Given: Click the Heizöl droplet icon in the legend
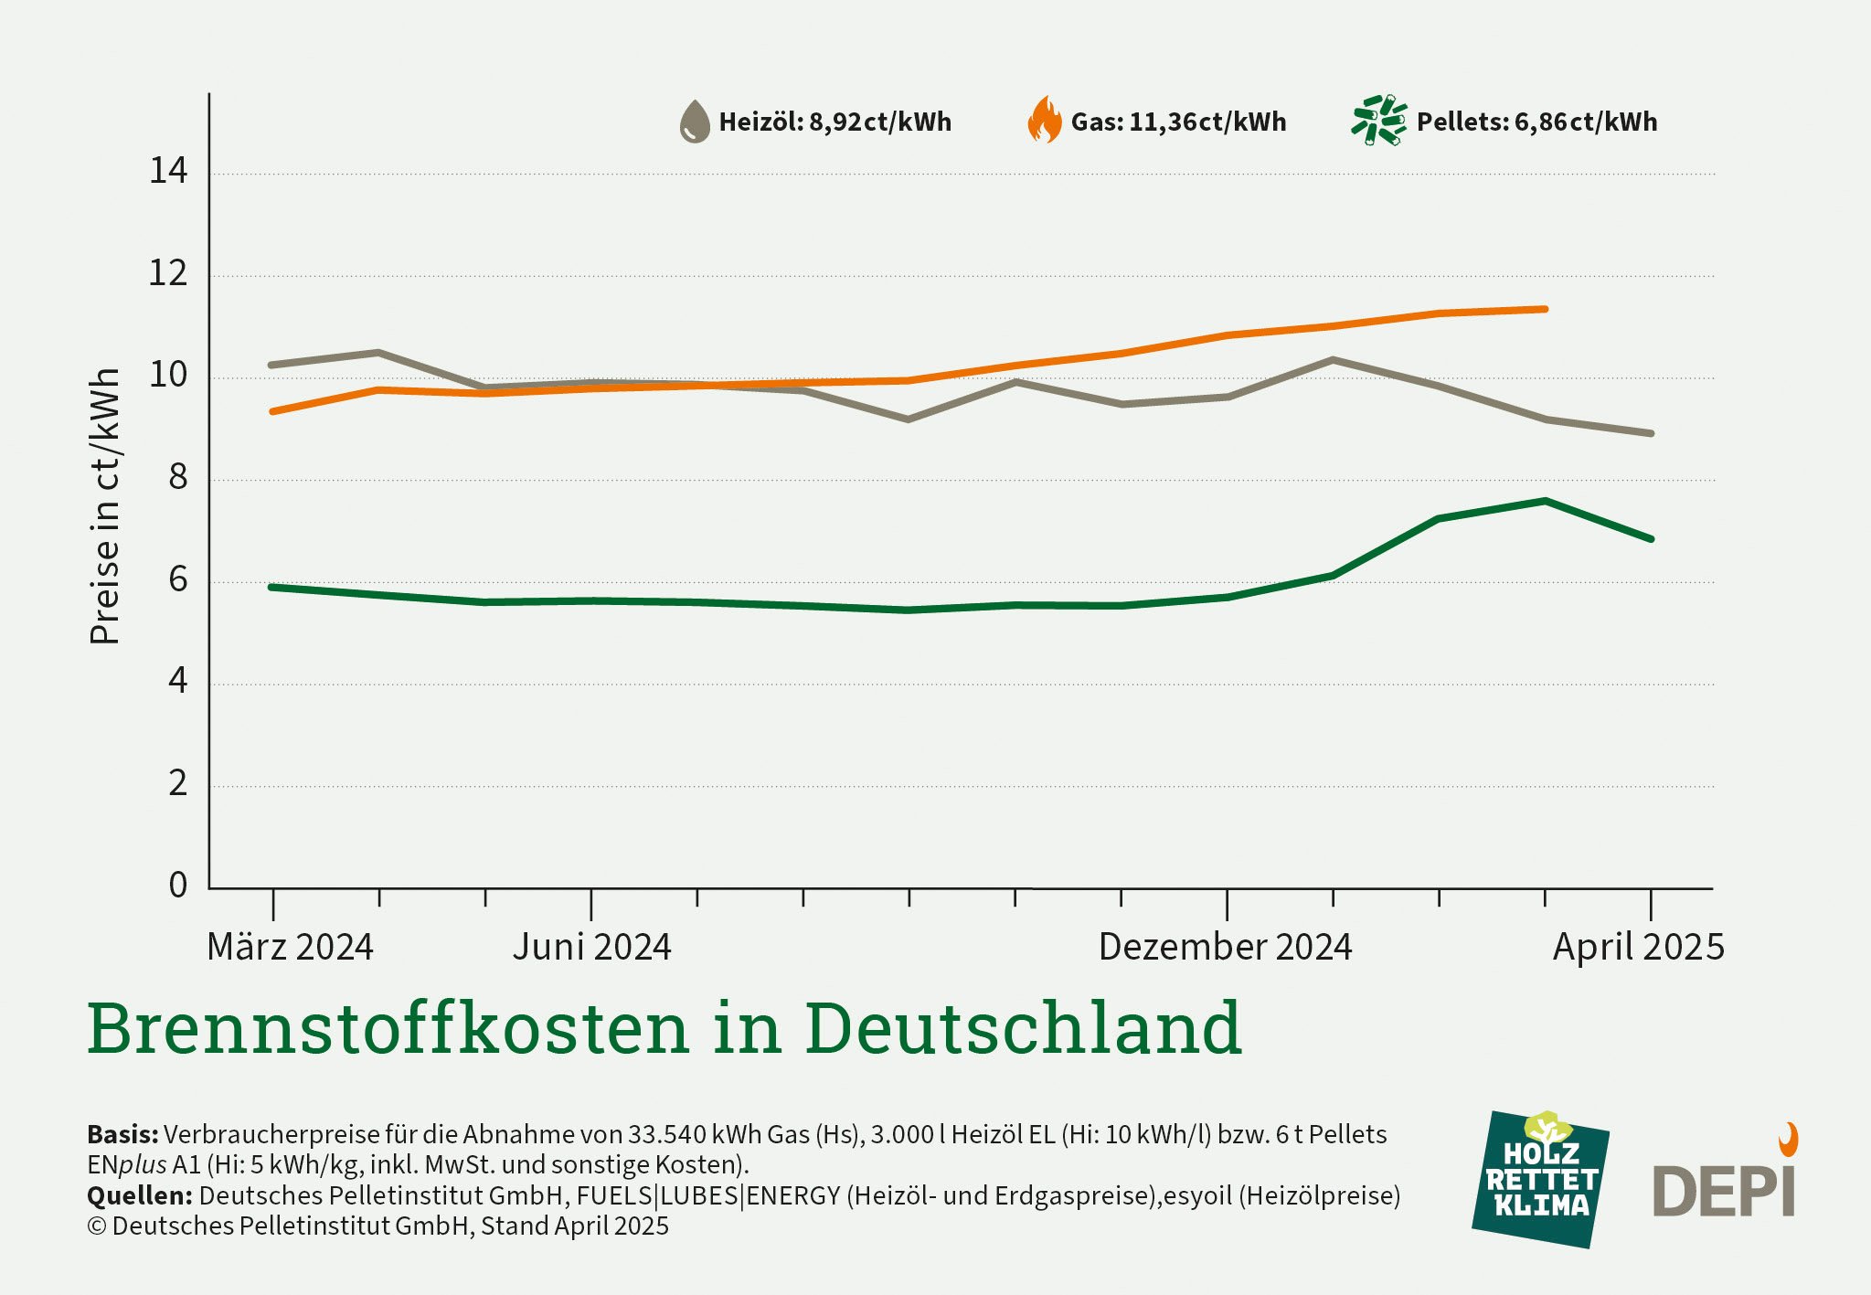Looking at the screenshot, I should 695,122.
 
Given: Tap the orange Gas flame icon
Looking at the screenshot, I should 1045,121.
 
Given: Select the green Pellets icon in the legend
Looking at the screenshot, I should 1379,120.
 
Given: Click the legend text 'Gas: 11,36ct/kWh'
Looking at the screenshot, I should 1178,122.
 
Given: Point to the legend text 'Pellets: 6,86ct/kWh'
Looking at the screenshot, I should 1536,122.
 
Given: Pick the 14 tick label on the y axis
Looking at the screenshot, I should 168,171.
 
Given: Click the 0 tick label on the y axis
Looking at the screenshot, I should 177,885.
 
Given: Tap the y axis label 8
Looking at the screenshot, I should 177,477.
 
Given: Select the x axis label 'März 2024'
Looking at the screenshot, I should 290,947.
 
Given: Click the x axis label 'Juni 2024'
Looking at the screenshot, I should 591,947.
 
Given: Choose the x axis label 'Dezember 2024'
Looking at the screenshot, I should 1225,947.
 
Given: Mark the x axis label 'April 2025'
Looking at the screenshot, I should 1638,947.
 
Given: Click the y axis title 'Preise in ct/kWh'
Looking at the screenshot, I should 105,506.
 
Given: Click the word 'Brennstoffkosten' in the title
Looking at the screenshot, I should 388,1028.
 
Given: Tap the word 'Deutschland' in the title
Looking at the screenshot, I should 1023,1028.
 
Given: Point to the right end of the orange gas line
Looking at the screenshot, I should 1545,309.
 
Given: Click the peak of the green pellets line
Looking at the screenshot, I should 1545,501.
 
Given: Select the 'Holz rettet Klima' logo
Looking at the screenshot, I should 1540,1179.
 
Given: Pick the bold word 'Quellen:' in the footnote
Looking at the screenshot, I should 139,1195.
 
